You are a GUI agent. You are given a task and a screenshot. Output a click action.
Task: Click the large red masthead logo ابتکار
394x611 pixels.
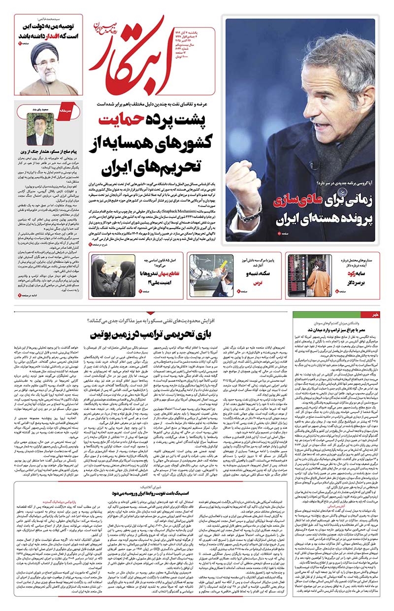tap(138, 54)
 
